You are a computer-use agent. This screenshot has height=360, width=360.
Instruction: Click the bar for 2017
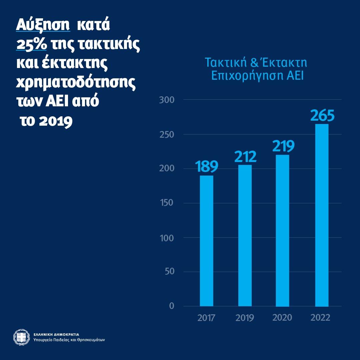[x=206, y=241]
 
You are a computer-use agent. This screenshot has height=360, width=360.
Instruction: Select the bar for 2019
[x=245, y=235]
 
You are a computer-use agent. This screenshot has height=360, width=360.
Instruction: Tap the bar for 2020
[x=283, y=231]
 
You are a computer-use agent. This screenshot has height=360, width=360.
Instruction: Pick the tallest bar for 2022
[x=322, y=215]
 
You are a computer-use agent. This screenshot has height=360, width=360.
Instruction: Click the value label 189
[x=207, y=167]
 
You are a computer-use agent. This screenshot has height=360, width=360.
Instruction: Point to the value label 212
[x=245, y=157]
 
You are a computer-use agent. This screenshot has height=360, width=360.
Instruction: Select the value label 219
[x=283, y=146]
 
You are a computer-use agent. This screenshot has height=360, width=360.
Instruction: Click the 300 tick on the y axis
[x=167, y=100]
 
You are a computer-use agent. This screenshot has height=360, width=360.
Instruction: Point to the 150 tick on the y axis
[x=167, y=203]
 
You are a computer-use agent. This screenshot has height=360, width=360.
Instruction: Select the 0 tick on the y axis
[x=172, y=306]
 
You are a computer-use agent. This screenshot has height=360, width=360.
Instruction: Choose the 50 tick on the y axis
[x=169, y=272]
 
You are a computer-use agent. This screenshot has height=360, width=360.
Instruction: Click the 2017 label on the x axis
[x=206, y=318]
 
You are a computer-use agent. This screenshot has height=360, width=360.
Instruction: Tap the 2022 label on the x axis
[x=320, y=318]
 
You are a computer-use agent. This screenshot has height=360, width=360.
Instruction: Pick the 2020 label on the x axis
[x=282, y=318]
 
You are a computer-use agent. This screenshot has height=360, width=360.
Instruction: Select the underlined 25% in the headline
[x=32, y=44]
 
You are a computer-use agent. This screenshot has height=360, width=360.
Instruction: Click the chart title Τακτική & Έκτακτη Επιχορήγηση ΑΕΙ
[x=256, y=69]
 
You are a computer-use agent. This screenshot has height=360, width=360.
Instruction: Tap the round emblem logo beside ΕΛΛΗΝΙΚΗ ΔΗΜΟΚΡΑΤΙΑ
[x=21, y=337]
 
